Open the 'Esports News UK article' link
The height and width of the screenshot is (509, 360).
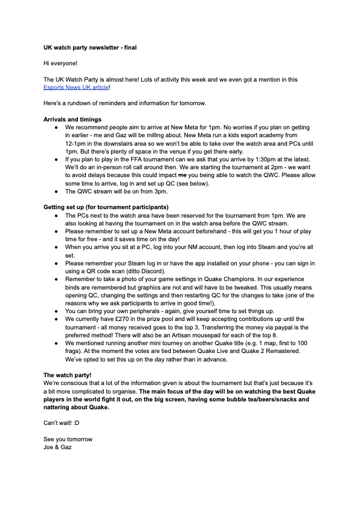(76, 87)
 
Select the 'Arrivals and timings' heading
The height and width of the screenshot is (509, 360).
(72, 119)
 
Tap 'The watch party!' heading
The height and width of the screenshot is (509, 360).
(68, 375)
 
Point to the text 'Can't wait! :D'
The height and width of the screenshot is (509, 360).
(62, 422)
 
